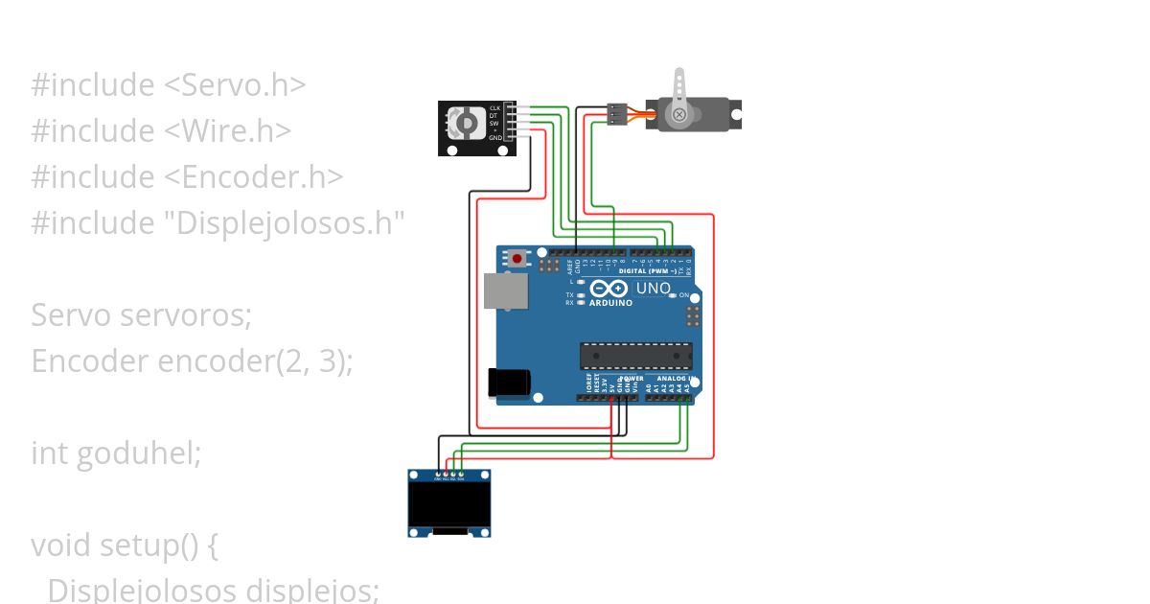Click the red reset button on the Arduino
(518, 258)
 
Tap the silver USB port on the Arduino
(505, 291)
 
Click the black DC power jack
(509, 382)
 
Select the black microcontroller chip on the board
(634, 356)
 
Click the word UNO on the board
(654, 288)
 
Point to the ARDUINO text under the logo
(610, 303)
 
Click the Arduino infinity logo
(610, 289)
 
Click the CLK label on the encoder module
(494, 108)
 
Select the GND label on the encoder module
(494, 138)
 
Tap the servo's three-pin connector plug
(615, 114)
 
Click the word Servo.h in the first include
(235, 85)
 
